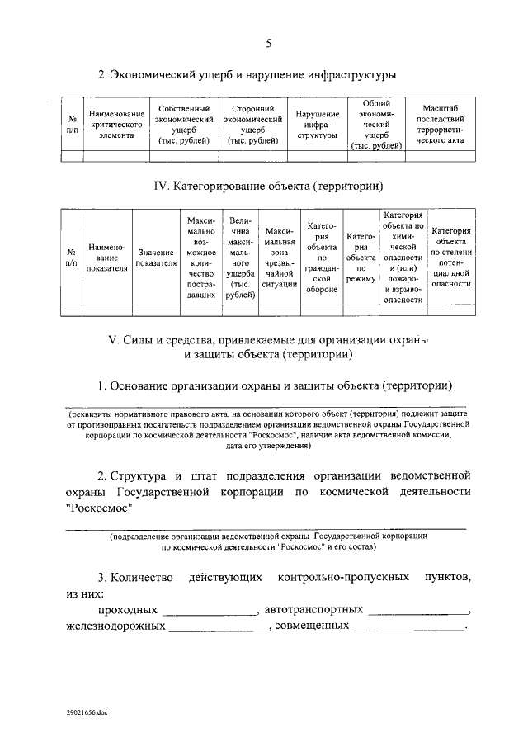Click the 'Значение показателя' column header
156,258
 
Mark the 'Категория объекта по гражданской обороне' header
322,258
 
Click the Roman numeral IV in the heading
162,187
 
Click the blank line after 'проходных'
210,612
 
